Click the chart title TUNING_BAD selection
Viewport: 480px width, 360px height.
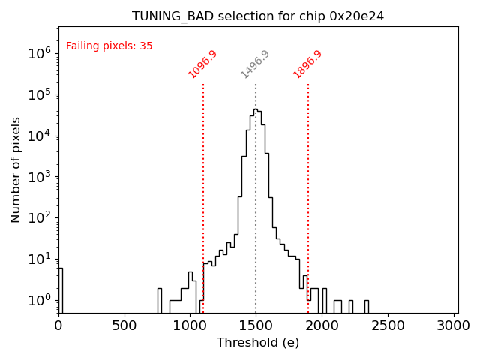(258, 16)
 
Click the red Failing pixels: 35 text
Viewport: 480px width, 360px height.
(109, 46)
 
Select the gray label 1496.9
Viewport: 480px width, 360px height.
(255, 64)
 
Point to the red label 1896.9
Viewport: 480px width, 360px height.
(307, 64)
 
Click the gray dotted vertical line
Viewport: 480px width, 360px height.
(256, 195)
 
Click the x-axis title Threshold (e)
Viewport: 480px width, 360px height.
(258, 343)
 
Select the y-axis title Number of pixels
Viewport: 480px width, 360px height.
(16, 169)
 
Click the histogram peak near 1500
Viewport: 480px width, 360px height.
(256, 110)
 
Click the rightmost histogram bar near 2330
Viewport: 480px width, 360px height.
(366, 305)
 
